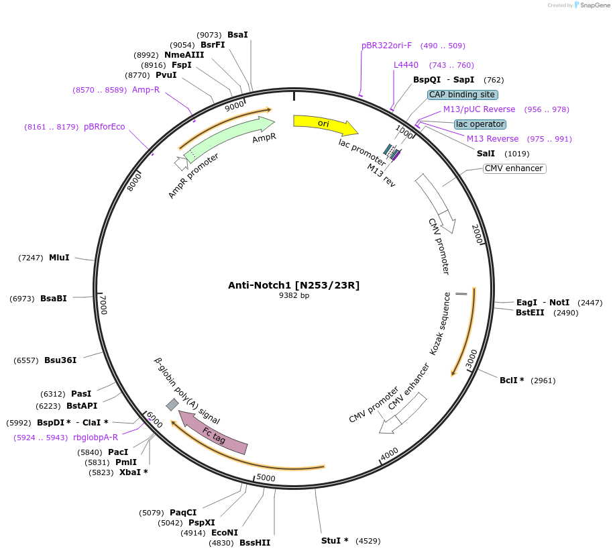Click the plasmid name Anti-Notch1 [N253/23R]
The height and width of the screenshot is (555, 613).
click(294, 285)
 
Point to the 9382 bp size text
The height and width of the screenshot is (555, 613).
click(294, 295)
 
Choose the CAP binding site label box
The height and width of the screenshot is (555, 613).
click(462, 95)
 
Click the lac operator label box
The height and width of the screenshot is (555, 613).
click(480, 124)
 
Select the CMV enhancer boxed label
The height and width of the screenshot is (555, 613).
click(514, 168)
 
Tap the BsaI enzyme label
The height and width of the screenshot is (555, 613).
click(237, 34)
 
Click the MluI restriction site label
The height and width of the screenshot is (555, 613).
click(59, 258)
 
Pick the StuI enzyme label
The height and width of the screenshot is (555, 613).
click(335, 540)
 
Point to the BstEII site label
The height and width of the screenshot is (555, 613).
click(530, 312)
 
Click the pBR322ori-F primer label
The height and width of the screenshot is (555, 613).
click(386, 46)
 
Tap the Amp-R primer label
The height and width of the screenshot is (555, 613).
click(146, 89)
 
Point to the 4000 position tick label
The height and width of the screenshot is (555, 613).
click(390, 454)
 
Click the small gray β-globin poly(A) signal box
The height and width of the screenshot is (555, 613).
click(172, 404)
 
